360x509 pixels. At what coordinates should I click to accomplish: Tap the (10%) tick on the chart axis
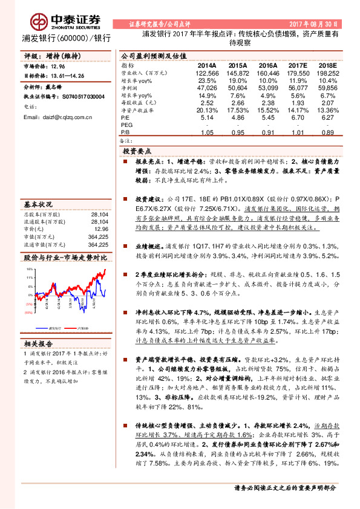tap(29, 313)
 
